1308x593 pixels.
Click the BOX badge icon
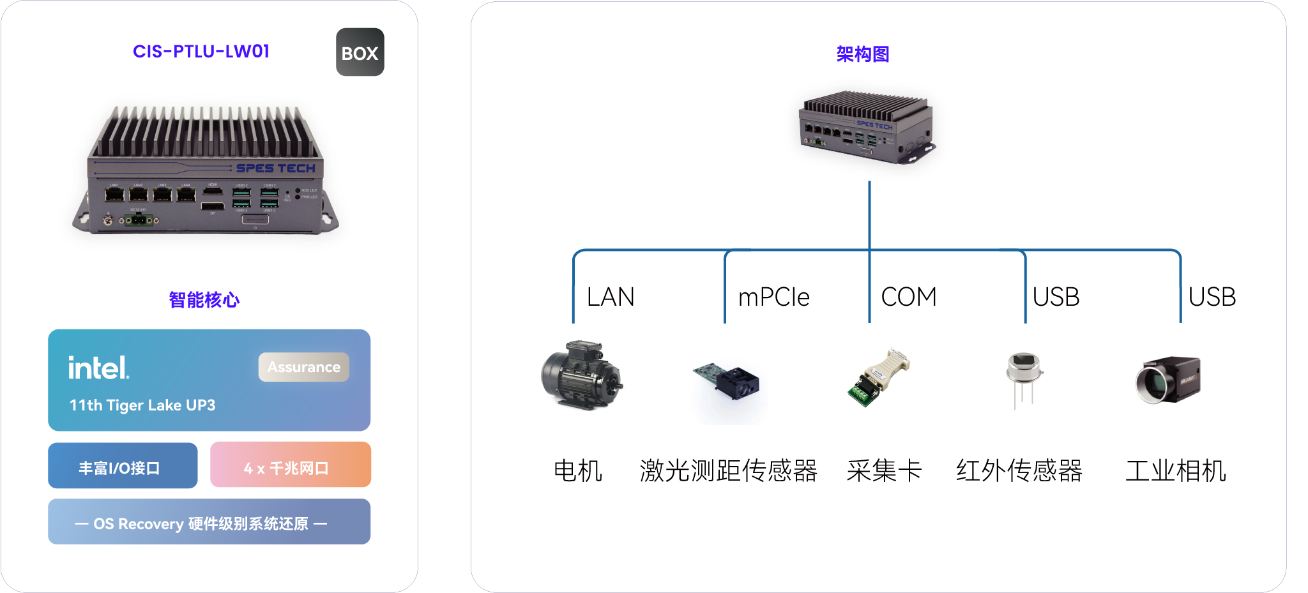tap(360, 52)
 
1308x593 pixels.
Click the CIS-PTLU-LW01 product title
tap(201, 51)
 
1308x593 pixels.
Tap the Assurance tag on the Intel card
tap(303, 367)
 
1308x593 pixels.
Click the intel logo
tap(98, 368)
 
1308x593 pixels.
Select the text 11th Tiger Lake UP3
tap(142, 405)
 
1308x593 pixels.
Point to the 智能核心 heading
tap(204, 300)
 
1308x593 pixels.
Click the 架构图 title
tap(862, 54)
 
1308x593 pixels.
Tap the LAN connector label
tap(611, 297)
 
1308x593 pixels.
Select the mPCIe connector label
tap(773, 297)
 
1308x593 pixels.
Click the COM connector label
tap(908, 297)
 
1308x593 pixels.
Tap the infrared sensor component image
tap(1024, 377)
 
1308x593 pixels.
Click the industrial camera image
tap(1168, 380)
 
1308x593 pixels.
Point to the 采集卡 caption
tap(884, 471)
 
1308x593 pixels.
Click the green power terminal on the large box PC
tap(139, 221)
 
